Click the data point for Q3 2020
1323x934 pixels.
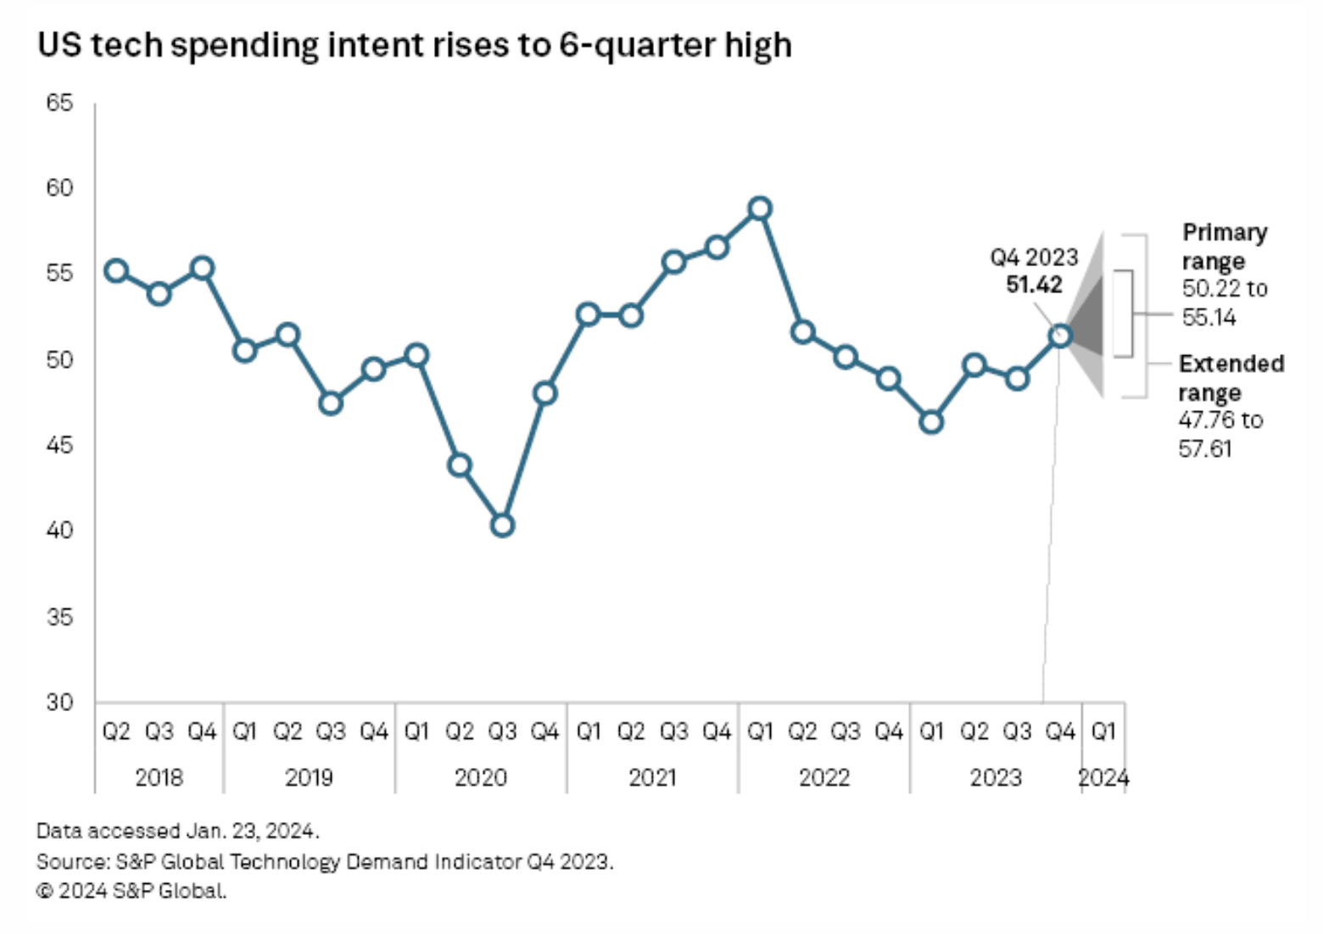[502, 525]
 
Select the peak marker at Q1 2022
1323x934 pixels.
[760, 208]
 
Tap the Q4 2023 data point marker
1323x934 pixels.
[1060, 336]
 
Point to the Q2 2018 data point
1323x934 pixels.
[116, 271]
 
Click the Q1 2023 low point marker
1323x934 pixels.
[931, 421]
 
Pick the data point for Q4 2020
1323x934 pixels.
[544, 393]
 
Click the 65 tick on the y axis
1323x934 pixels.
[59, 103]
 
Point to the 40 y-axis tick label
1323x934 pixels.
[59, 531]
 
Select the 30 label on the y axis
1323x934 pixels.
[59, 702]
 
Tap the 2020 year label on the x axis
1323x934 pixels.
[480, 777]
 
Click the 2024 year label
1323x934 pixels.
[1102, 777]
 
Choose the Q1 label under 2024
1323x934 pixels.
[1102, 731]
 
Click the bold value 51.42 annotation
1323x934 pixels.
[1034, 285]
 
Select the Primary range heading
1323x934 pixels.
[1224, 247]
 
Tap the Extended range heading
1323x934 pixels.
[1230, 378]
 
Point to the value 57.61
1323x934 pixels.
[1204, 448]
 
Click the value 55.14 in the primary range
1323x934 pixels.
[1209, 318]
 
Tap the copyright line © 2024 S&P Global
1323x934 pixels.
[131, 891]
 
